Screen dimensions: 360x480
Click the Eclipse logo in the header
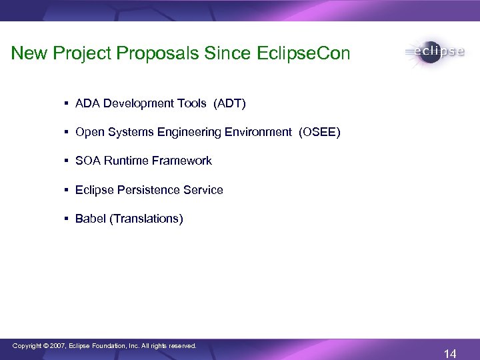pyautogui.click(x=434, y=53)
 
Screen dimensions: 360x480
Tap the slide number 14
pyautogui.click(x=450, y=354)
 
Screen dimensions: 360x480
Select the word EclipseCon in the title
pyautogui.click(x=303, y=53)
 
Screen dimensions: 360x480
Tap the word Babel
pyautogui.click(x=90, y=219)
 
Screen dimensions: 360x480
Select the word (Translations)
pyautogui.click(x=146, y=219)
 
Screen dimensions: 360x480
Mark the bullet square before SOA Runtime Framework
pyautogui.click(x=67, y=161)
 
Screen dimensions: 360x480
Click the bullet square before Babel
pyautogui.click(x=67, y=219)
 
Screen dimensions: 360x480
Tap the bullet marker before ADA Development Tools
pyautogui.click(x=67, y=103)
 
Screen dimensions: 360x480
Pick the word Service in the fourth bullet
pyautogui.click(x=203, y=190)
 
